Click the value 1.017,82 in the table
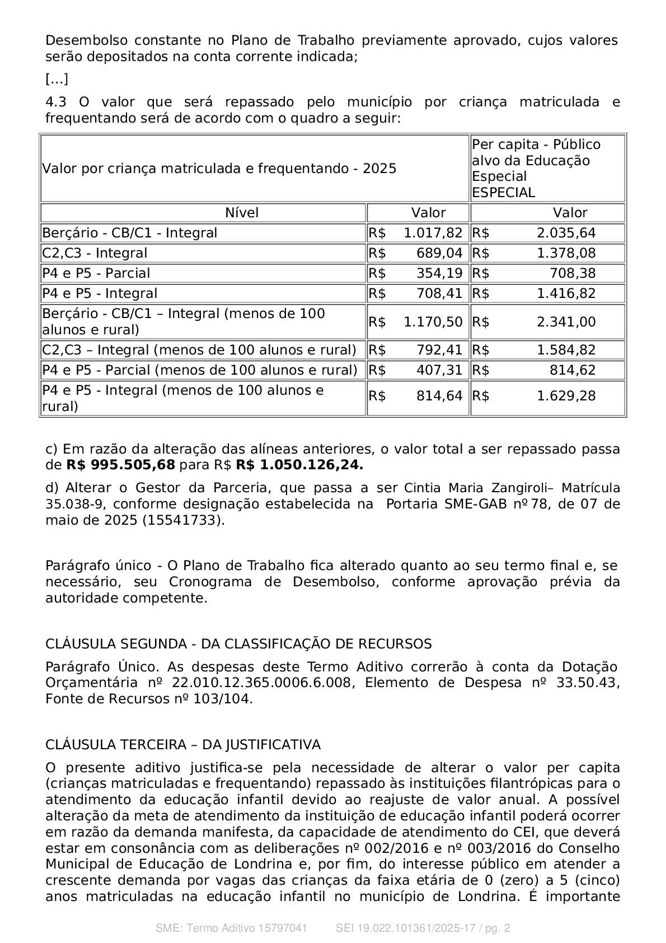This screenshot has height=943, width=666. tap(433, 233)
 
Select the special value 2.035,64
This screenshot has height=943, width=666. tap(566, 233)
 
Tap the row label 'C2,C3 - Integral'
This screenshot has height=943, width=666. tap(95, 253)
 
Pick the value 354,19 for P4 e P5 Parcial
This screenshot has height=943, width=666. tap(439, 273)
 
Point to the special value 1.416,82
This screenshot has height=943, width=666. tap(566, 293)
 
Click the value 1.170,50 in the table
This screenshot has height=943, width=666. tap(433, 322)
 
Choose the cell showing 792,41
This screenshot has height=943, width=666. tap(439, 350)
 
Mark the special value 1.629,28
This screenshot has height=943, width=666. tap(566, 396)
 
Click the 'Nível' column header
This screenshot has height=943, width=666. tap(242, 213)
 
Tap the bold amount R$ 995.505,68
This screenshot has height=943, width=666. tap(120, 465)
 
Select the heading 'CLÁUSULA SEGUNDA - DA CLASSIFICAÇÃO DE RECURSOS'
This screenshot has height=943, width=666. tap(238, 644)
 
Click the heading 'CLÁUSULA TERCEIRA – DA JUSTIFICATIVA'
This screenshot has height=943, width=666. tap(183, 745)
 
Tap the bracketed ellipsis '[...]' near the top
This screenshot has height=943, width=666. tap(57, 80)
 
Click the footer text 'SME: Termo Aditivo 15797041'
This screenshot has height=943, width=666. tap(231, 928)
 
